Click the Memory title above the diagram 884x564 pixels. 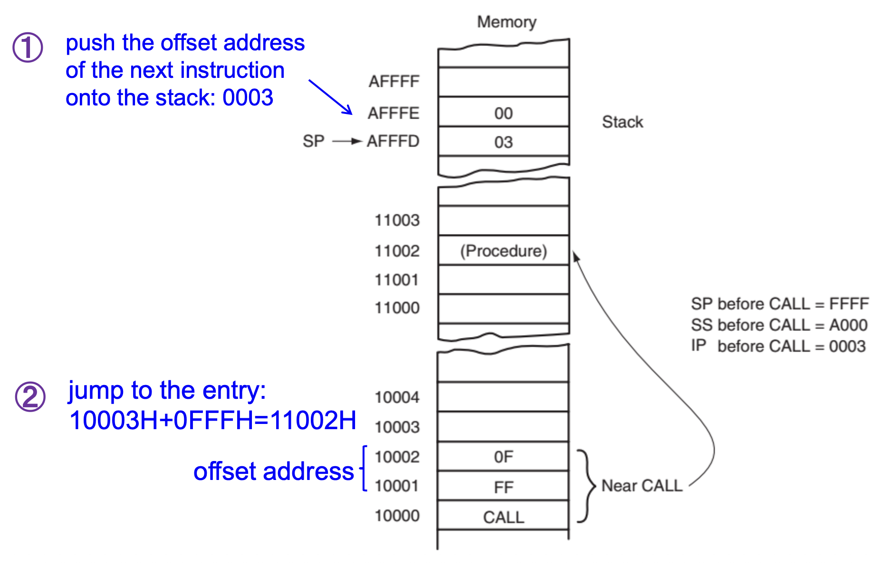pos(507,22)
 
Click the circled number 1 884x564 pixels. pos(28,47)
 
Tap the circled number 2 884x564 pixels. pos(30,396)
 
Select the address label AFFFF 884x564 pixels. pos(394,82)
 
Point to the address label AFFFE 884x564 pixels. pos(394,113)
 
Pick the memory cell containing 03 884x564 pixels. pos(503,142)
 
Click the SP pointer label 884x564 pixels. pos(314,141)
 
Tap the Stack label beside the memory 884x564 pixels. pos(622,122)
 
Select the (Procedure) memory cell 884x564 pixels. pos(503,251)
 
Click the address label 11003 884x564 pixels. pos(397,220)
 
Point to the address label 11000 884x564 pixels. pos(397,308)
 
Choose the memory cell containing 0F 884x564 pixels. pos(503,457)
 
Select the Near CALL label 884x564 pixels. pos(642,486)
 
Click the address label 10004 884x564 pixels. pos(397,397)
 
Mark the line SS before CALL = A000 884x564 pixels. pos(779,325)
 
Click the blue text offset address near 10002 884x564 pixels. pos(273,471)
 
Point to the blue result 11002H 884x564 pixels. pos(313,420)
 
